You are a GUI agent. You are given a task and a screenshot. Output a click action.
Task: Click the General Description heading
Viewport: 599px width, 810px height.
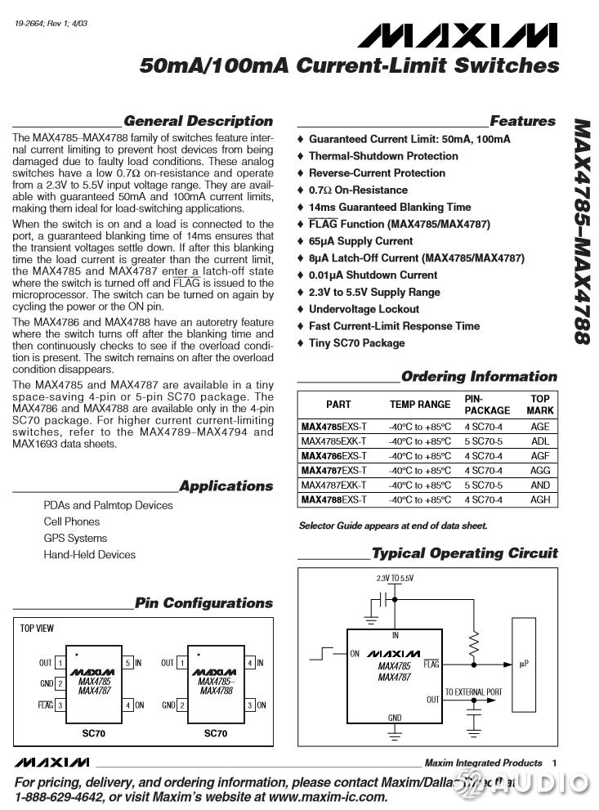pos(198,122)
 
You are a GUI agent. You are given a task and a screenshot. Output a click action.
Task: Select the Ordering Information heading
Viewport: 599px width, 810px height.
pos(479,377)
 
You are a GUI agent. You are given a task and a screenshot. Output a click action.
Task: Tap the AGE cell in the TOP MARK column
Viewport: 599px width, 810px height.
pos(540,427)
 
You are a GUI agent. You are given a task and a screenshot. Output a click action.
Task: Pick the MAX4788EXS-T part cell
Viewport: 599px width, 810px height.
pos(334,499)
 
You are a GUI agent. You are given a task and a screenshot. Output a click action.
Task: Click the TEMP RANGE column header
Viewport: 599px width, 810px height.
pos(419,405)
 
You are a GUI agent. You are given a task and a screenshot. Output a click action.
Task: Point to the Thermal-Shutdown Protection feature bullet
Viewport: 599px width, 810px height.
pos(382,156)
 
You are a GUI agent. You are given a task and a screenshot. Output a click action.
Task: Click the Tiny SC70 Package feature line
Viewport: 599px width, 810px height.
pos(356,343)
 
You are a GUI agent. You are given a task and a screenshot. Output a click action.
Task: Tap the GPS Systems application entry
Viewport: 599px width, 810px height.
pos(75,538)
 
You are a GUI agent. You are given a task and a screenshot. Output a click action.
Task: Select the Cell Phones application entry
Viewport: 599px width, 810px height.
pos(72,521)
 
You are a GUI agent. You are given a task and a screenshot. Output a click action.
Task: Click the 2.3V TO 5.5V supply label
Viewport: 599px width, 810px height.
pos(395,579)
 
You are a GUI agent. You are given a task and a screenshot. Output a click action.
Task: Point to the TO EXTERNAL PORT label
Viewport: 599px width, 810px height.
pos(474,692)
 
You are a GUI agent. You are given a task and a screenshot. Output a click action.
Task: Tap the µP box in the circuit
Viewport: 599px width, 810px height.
pos(524,664)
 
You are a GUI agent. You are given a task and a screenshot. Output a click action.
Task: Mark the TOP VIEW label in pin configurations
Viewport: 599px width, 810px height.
pos(37,629)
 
